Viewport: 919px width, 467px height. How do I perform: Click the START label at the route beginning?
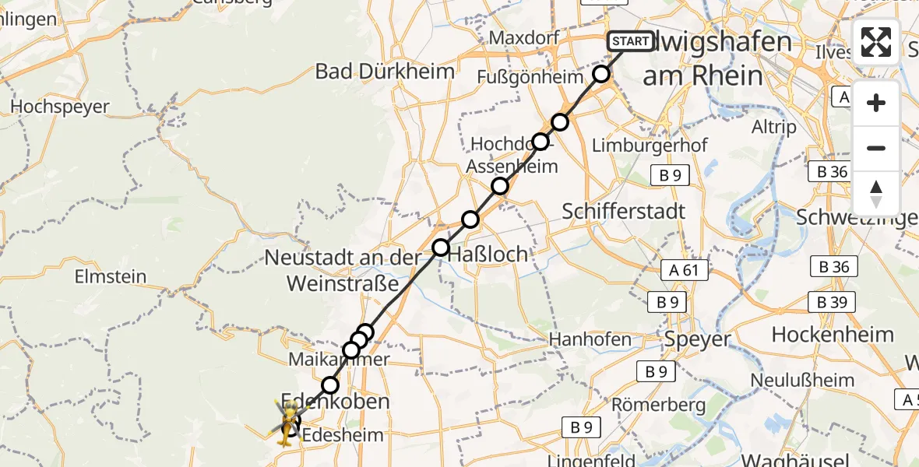[x=630, y=41]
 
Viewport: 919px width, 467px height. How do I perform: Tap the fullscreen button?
[x=876, y=42]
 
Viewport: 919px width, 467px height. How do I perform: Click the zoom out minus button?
[x=876, y=148]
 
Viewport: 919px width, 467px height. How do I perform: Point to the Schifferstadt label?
[x=624, y=211]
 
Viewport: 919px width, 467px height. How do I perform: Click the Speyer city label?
[x=698, y=339]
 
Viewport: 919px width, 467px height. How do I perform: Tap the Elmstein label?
[x=110, y=276]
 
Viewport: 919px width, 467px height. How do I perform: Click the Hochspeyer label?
[x=60, y=107]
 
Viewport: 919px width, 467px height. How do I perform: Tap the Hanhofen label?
[x=590, y=339]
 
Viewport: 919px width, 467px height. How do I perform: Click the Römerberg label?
[x=658, y=405]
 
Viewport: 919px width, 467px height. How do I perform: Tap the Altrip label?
[x=775, y=127]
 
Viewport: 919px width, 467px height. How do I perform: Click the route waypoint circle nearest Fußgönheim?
[x=601, y=75]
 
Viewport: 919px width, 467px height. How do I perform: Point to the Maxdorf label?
[x=521, y=38]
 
